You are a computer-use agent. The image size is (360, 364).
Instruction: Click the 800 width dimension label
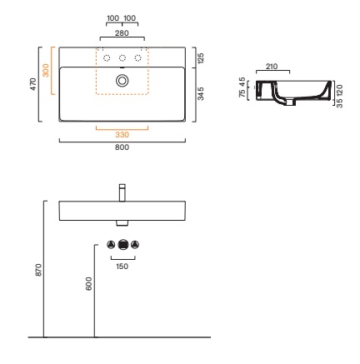(x=122, y=147)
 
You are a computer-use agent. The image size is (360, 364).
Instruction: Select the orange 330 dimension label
(x=122, y=135)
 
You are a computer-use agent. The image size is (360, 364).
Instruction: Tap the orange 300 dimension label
(x=46, y=70)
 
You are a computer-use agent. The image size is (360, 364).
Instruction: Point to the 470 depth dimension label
(x=33, y=84)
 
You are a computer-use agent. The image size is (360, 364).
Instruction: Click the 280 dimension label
(x=122, y=33)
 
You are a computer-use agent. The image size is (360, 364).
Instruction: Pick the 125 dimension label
(x=201, y=57)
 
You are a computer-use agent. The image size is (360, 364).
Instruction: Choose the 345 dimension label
(x=201, y=93)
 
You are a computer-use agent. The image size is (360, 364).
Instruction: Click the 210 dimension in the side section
(x=272, y=67)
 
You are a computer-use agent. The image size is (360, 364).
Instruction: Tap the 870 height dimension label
(x=38, y=270)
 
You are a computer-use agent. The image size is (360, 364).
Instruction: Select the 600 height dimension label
(x=88, y=283)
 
